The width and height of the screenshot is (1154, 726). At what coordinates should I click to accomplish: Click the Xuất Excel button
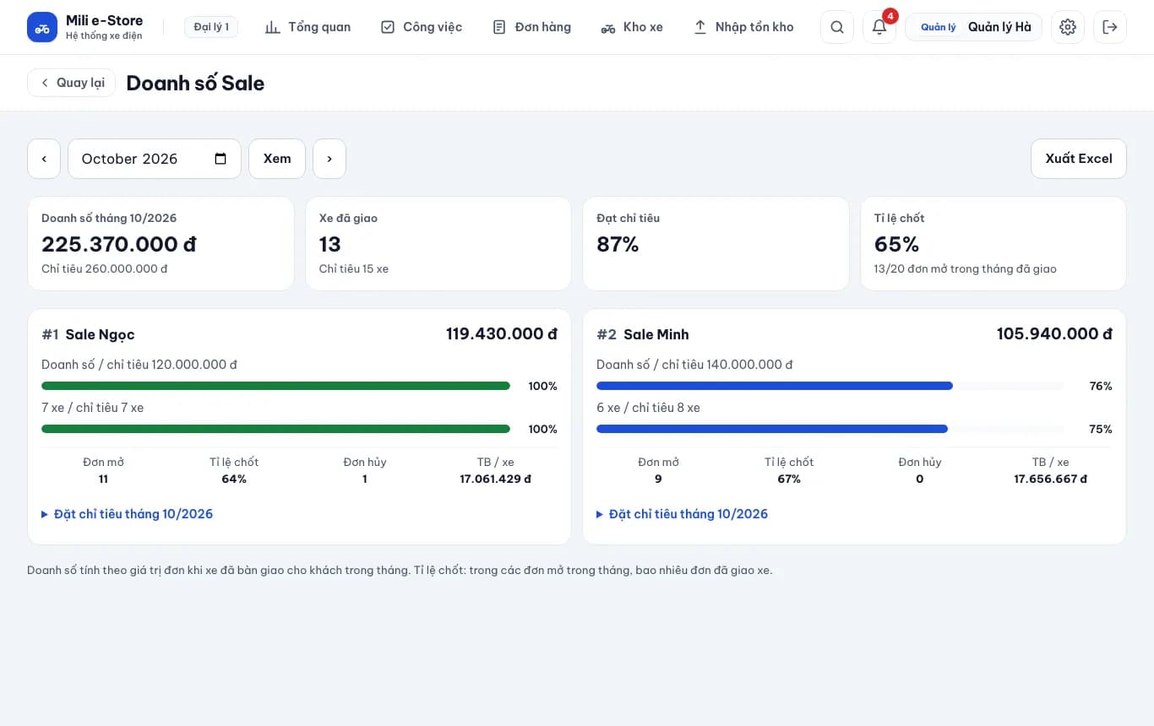[1078, 159]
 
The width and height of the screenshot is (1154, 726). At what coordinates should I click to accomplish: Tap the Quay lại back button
[71, 83]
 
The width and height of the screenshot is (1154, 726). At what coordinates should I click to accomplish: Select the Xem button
[277, 159]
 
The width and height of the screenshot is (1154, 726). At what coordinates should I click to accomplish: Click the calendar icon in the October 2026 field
[220, 159]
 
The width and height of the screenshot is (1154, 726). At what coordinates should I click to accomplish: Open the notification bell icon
[879, 27]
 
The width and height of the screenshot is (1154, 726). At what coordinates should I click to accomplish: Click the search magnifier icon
[837, 27]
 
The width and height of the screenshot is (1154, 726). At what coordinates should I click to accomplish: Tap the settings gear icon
[1068, 27]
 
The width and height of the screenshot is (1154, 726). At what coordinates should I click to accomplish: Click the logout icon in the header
[1110, 27]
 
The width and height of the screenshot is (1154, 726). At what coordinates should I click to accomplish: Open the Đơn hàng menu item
[531, 27]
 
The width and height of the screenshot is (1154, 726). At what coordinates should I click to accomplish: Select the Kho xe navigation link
[632, 27]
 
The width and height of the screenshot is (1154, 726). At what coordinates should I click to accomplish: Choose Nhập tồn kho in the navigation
[743, 27]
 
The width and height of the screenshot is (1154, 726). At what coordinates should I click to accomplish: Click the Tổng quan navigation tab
[308, 27]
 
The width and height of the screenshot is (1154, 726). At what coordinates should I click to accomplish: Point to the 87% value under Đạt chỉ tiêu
[618, 244]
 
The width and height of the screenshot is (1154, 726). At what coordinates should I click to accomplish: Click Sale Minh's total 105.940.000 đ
[1054, 333]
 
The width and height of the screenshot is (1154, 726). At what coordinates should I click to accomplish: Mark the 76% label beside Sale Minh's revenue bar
[1101, 386]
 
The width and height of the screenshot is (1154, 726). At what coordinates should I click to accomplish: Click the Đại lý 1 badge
[211, 27]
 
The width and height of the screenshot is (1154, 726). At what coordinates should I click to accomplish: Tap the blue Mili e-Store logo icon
[42, 27]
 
